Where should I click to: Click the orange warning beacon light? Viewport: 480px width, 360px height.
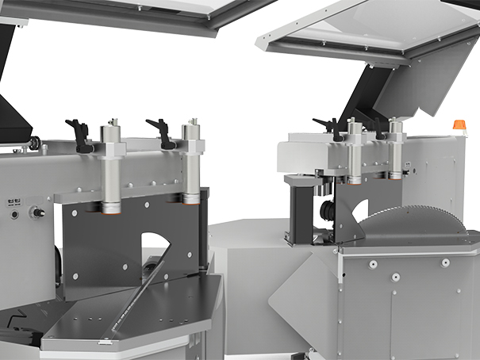click(459, 125)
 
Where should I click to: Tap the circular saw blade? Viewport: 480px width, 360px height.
click(420, 218)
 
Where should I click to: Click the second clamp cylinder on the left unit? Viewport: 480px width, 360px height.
click(190, 165)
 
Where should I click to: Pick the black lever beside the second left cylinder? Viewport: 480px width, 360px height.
click(163, 132)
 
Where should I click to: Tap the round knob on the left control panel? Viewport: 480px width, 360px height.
click(34, 212)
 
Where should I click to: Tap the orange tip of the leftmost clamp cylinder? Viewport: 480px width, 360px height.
click(109, 209)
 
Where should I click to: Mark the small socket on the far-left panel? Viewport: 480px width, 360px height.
click(13, 213)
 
